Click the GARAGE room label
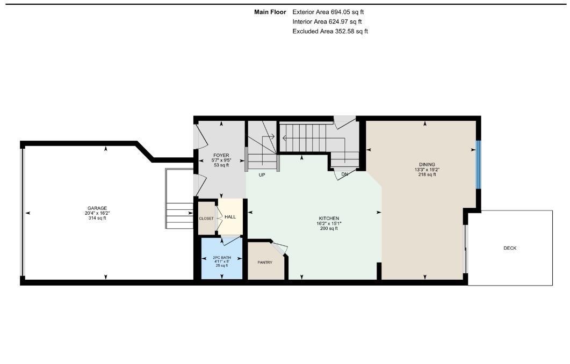[x=98, y=208]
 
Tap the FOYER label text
[x=221, y=155]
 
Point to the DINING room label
[x=427, y=164]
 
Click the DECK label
[x=510, y=248]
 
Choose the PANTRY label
[x=265, y=262]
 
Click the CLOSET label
[x=206, y=219]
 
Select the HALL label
[x=230, y=216]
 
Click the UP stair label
[x=262, y=175]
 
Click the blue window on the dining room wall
[x=478, y=165]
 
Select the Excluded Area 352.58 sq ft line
[x=330, y=31]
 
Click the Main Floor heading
[x=270, y=12]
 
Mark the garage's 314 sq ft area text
[x=98, y=218]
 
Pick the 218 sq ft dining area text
[x=427, y=174]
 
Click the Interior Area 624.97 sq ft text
[x=327, y=21]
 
